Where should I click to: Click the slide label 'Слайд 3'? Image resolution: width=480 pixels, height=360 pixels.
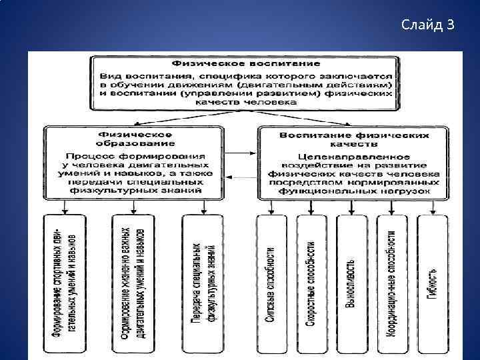(x=428, y=25)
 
